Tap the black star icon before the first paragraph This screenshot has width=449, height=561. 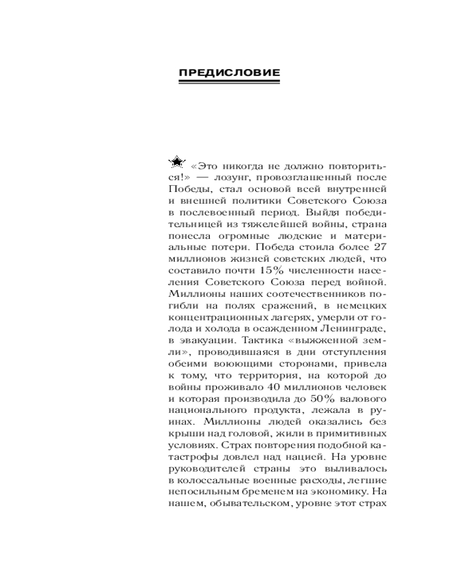176,162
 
